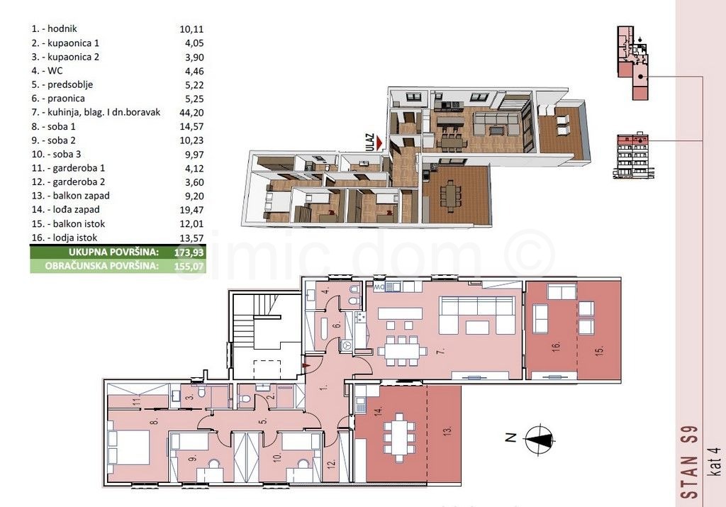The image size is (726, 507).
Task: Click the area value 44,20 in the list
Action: click(191, 113)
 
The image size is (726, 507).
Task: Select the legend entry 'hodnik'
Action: click(62, 28)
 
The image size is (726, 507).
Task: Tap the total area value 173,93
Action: click(189, 253)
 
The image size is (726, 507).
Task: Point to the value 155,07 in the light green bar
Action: click(189, 266)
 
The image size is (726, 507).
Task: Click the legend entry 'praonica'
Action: click(66, 99)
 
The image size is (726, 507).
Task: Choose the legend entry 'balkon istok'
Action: click(79, 223)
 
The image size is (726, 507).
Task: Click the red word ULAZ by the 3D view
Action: click(369, 141)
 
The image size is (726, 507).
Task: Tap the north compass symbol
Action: click(540, 438)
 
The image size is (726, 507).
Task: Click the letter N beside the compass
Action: click(510, 438)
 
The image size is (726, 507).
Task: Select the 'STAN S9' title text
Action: click(690, 462)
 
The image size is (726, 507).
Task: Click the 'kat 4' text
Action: click(715, 461)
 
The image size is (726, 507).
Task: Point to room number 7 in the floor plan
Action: click(441, 351)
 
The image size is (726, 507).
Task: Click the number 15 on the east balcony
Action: click(599, 351)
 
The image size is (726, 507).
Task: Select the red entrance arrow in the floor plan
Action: click(305, 366)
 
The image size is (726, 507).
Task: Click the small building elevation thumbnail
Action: click(633, 155)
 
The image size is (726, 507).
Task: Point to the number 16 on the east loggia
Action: click(556, 346)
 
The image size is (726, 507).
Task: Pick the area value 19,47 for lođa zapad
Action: click(191, 210)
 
